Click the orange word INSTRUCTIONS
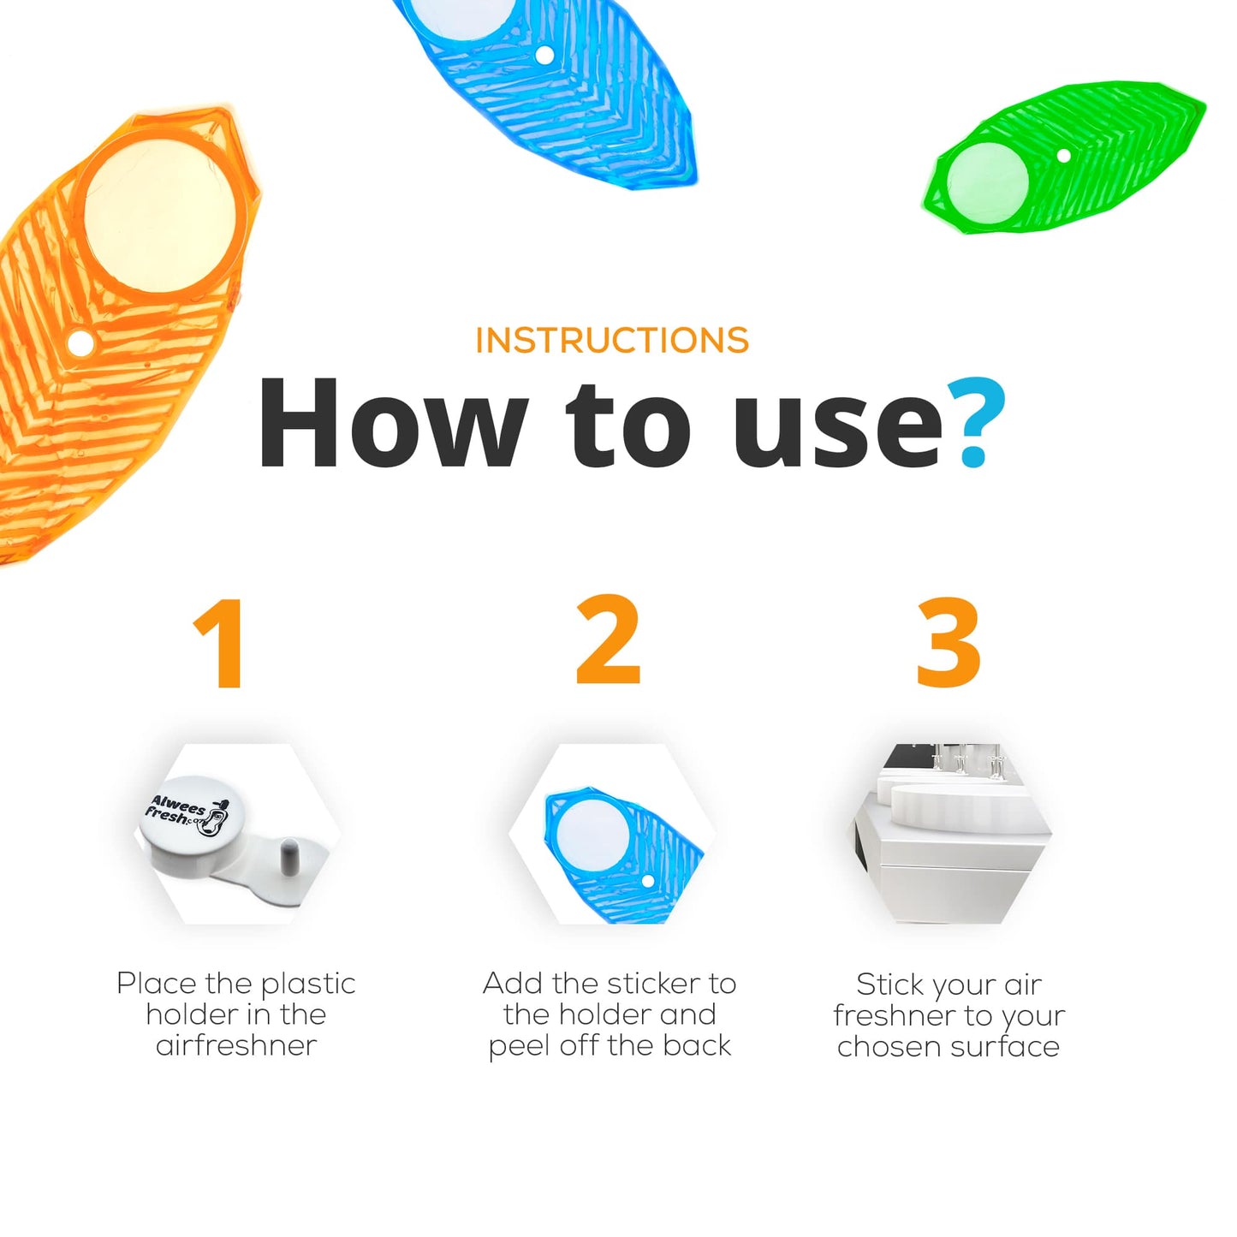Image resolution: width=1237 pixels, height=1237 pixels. click(612, 340)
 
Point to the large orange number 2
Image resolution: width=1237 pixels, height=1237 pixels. click(608, 639)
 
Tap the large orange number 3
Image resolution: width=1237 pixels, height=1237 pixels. click(949, 643)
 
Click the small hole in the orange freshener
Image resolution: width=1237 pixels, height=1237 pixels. click(80, 343)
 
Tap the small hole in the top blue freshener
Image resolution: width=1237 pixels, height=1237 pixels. click(544, 55)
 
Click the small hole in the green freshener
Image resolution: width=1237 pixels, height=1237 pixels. click(1063, 155)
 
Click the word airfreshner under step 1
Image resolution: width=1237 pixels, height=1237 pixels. click(236, 1046)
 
